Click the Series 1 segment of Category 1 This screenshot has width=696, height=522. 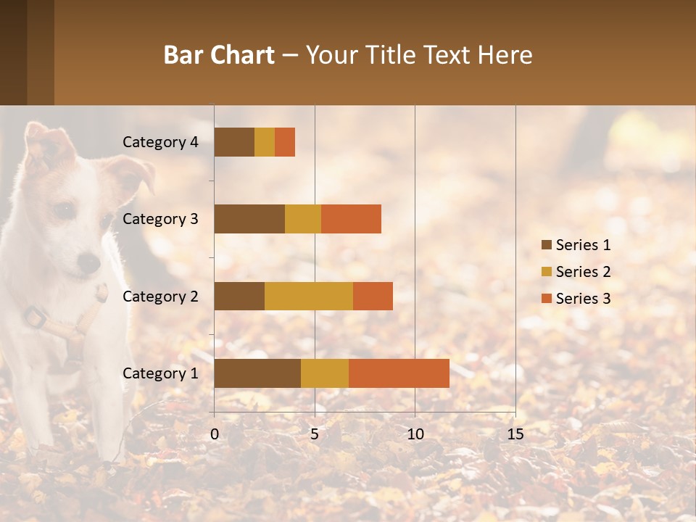257,373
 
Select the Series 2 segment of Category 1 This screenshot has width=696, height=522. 325,373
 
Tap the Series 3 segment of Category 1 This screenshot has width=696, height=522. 399,373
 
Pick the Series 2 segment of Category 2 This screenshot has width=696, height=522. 309,296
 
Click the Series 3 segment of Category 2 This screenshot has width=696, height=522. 373,296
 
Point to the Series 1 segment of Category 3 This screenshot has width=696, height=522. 249,219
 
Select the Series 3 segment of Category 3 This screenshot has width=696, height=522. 351,219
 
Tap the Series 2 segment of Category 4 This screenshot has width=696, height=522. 265,142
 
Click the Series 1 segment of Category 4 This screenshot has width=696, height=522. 234,142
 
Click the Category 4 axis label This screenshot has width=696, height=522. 160,142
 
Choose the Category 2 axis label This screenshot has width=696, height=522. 160,296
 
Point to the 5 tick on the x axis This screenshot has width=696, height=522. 315,434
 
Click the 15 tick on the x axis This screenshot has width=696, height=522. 515,434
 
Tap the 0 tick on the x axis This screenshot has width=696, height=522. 215,434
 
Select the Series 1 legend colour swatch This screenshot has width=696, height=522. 546,245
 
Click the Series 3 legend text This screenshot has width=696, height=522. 583,299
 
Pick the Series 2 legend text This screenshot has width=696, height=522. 583,272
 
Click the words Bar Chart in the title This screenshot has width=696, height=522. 219,55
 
